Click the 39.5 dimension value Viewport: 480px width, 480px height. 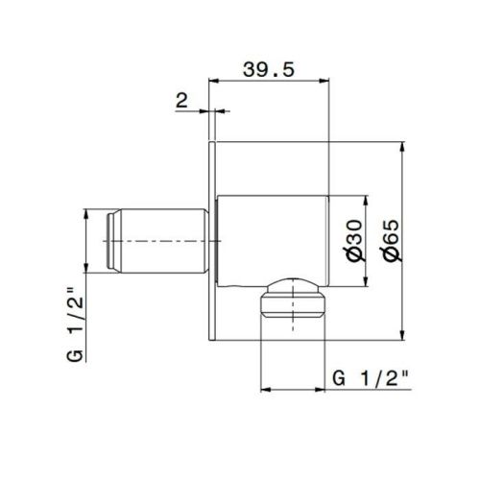pyautogui.click(x=268, y=69)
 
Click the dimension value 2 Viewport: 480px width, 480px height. pyautogui.click(x=181, y=101)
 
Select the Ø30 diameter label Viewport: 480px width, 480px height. pyautogui.click(x=356, y=240)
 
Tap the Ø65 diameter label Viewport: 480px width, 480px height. pyautogui.click(x=392, y=240)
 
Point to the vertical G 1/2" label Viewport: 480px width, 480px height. pyautogui.click(x=76, y=324)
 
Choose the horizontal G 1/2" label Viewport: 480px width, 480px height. pyautogui.click(x=372, y=378)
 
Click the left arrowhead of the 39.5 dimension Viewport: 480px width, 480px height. pyautogui.click(x=213, y=81)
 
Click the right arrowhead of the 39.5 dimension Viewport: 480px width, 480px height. pyautogui.click(x=324, y=81)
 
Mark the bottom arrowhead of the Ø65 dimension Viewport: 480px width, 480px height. pyautogui.click(x=402, y=335)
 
